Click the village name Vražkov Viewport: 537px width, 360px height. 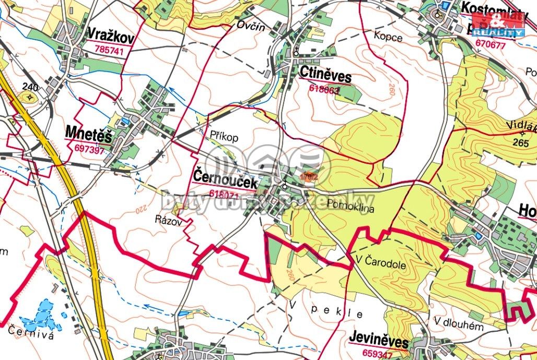click(x=111, y=37)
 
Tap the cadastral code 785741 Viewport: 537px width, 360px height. click(x=109, y=51)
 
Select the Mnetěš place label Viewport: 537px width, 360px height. click(x=89, y=134)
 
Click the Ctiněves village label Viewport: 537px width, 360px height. click(x=325, y=74)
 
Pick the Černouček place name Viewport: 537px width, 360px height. click(x=226, y=179)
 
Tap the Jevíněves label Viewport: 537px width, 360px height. click(x=379, y=342)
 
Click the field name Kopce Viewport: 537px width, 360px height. click(x=388, y=37)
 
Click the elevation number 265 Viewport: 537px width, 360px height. click(x=520, y=142)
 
